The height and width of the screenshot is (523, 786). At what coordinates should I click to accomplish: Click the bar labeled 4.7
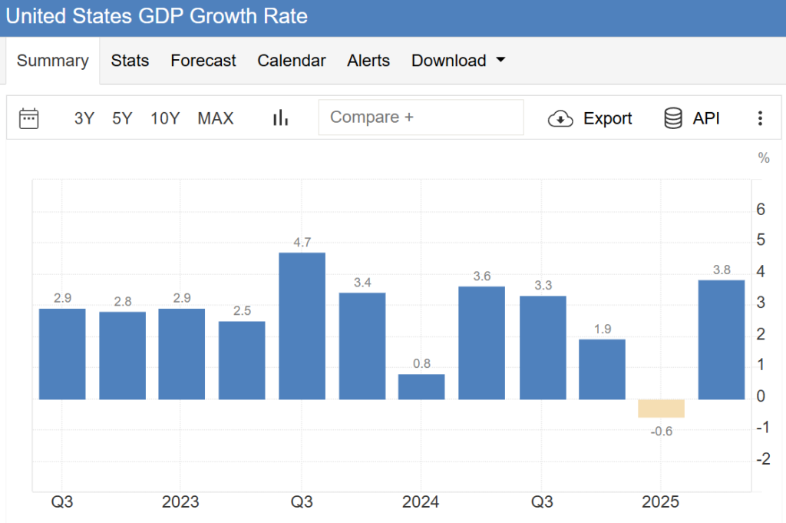pyautogui.click(x=302, y=326)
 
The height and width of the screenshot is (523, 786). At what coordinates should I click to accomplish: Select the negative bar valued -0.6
pyautogui.click(x=661, y=409)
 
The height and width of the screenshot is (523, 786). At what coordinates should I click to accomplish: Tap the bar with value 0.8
pyautogui.click(x=421, y=386)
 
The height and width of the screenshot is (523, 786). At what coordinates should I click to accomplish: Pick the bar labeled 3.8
pyautogui.click(x=721, y=339)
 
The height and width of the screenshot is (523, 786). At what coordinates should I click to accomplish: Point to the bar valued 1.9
pyautogui.click(x=602, y=369)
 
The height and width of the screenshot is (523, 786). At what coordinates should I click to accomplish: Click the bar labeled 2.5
pyautogui.click(x=242, y=359)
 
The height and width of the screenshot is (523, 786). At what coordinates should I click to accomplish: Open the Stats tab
pyautogui.click(x=130, y=61)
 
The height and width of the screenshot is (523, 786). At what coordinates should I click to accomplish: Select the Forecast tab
pyautogui.click(x=203, y=61)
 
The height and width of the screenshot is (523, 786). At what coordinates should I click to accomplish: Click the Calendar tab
pyautogui.click(x=292, y=61)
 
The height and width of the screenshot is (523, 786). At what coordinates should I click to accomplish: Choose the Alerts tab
pyautogui.click(x=368, y=61)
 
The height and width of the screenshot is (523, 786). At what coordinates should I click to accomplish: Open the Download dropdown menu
pyautogui.click(x=458, y=61)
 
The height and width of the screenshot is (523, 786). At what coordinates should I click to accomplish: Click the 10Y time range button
pyautogui.click(x=165, y=118)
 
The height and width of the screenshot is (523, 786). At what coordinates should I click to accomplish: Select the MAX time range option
pyautogui.click(x=216, y=118)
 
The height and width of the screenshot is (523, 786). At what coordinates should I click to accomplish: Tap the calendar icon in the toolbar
pyautogui.click(x=29, y=118)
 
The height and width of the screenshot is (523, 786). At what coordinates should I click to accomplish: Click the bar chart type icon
pyautogui.click(x=281, y=118)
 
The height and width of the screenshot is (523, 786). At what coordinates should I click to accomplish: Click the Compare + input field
pyautogui.click(x=421, y=118)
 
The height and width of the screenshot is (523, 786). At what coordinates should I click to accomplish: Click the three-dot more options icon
pyautogui.click(x=760, y=118)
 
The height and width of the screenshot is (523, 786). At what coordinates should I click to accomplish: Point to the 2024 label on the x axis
pyautogui.click(x=421, y=502)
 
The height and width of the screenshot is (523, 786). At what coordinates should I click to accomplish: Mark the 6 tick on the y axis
pyautogui.click(x=761, y=209)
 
